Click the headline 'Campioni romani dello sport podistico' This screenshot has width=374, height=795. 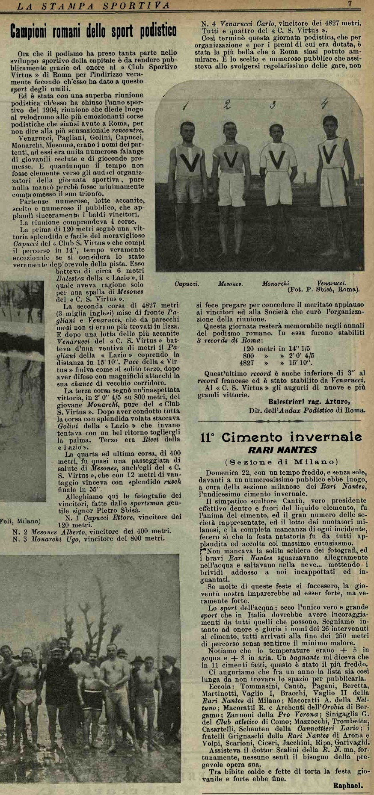point(93,31)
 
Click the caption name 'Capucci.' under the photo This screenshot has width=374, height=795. point(187,284)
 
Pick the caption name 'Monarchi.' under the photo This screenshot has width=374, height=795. point(276,283)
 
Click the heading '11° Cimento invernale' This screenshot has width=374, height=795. point(281,437)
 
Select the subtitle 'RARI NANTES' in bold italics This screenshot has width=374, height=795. point(282,450)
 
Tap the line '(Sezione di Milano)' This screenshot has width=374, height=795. point(281,462)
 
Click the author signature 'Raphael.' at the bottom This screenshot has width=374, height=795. point(348,785)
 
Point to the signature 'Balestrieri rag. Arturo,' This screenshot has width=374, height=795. point(309,402)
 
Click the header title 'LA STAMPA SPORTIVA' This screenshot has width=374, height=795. point(93,5)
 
